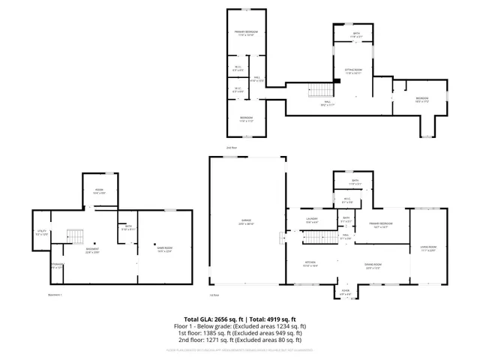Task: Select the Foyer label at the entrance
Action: (345, 292)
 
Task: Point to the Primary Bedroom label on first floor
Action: (381, 224)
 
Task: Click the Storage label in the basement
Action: (57, 265)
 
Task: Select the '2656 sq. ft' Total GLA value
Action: (224, 319)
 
